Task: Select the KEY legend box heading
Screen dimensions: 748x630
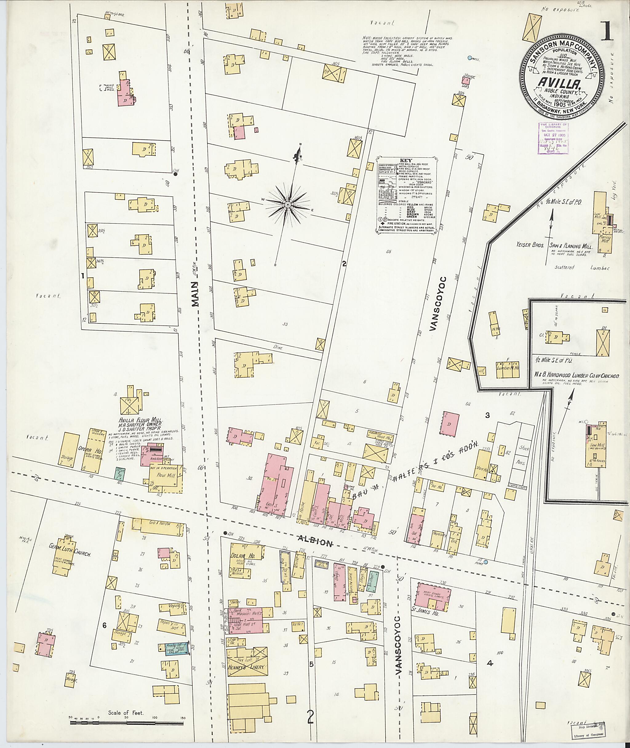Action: (x=406, y=160)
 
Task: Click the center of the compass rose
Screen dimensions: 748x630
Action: (x=288, y=204)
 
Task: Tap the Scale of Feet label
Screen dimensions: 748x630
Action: (x=126, y=713)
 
